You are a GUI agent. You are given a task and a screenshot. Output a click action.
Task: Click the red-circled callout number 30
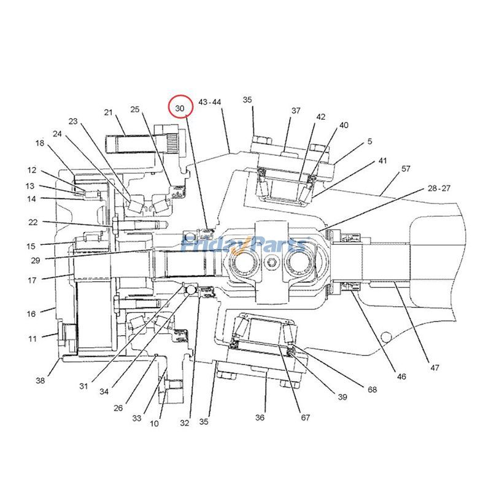180,108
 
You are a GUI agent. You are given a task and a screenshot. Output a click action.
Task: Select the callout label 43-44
210,102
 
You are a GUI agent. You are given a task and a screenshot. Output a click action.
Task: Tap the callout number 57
405,168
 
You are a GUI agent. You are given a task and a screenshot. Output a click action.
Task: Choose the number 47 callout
435,368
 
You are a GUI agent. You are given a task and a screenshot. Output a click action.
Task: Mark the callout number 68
373,389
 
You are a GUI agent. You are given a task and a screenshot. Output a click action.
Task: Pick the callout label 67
305,418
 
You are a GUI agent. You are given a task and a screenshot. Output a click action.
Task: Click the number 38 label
41,381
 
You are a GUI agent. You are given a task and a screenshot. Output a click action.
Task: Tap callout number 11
32,338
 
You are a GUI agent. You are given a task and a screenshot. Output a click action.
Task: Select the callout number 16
31,314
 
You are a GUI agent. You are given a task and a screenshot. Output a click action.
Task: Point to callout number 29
35,260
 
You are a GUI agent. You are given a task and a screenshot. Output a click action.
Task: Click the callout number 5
369,141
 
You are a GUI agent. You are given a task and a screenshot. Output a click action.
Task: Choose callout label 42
321,117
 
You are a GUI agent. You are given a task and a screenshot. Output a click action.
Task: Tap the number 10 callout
154,423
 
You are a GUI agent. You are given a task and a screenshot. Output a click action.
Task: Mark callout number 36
260,417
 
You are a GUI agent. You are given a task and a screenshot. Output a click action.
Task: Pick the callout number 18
40,143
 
